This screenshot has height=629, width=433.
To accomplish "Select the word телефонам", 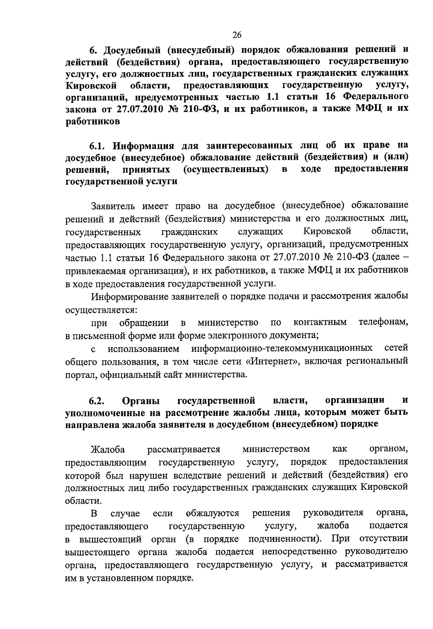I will [383, 322].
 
